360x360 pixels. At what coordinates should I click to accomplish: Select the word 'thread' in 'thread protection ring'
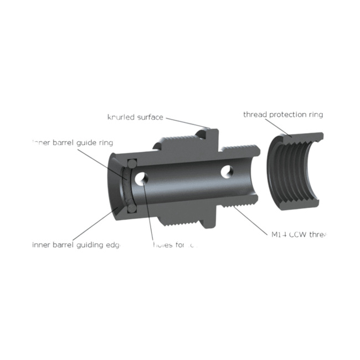click(x=255, y=115)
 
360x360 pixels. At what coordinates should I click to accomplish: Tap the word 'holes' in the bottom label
click(x=163, y=244)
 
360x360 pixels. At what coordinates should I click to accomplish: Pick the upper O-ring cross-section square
click(x=132, y=164)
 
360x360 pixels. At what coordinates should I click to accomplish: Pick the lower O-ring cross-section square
click(x=132, y=209)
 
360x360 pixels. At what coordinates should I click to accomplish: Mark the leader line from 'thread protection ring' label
click(x=282, y=128)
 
